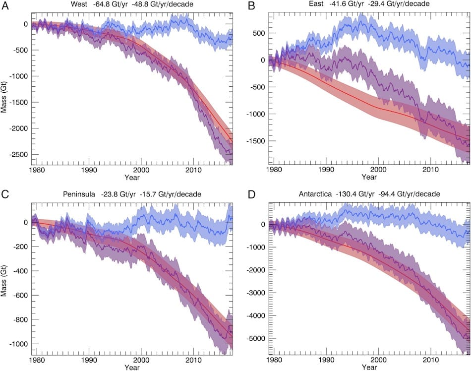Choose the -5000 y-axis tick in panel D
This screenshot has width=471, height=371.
[258, 338]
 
